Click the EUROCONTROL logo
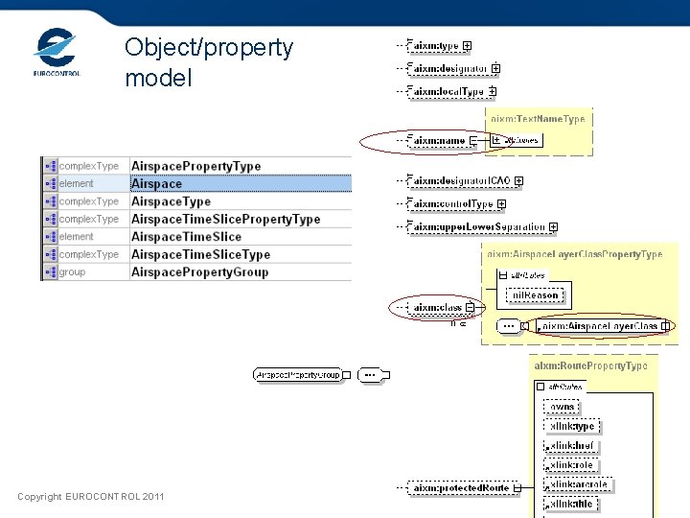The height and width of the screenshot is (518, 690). pos(57,52)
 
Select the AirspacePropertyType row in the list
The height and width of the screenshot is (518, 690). pos(195,166)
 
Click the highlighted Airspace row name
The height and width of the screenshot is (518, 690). pos(156,183)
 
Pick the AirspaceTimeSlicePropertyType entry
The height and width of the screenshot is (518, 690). pos(225,219)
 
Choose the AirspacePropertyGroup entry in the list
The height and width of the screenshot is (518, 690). pos(199,272)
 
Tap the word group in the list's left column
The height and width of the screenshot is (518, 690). pos(73,272)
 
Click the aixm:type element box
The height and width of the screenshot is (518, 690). pos(434,45)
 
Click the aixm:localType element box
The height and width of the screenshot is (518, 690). pos(447,91)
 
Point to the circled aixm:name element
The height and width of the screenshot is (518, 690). pos(438,141)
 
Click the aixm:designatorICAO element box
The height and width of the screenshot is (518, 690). pos(459,180)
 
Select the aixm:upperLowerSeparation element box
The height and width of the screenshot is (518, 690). pos(476,227)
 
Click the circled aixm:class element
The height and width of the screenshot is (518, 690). pos(437,308)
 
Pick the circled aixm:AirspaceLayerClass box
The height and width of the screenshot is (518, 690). pos(600,326)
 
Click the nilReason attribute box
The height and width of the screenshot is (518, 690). pos(535,294)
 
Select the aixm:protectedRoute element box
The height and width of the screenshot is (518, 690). pos(461,488)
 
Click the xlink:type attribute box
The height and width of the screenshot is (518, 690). pos(571,426)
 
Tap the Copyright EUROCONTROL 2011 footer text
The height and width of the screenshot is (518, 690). pos(91,496)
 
